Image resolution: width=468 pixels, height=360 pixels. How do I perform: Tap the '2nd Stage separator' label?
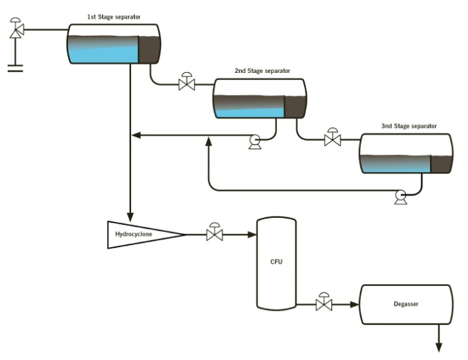(262, 70)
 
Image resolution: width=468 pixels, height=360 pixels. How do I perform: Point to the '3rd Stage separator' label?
(408, 125)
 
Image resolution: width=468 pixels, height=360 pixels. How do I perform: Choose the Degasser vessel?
(406, 305)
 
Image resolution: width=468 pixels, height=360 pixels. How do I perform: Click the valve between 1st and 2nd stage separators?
(186, 85)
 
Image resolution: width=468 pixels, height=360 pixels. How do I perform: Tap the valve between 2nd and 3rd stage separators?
(332, 140)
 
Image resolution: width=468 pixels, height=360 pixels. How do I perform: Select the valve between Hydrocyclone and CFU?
(215, 235)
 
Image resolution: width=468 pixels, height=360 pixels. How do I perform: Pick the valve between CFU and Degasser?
(324, 305)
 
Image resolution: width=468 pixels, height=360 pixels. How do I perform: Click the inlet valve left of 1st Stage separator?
(15, 29)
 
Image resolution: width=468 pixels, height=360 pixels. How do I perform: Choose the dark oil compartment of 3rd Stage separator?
(440, 163)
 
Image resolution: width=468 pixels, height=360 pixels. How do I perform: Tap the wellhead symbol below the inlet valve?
(14, 67)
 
